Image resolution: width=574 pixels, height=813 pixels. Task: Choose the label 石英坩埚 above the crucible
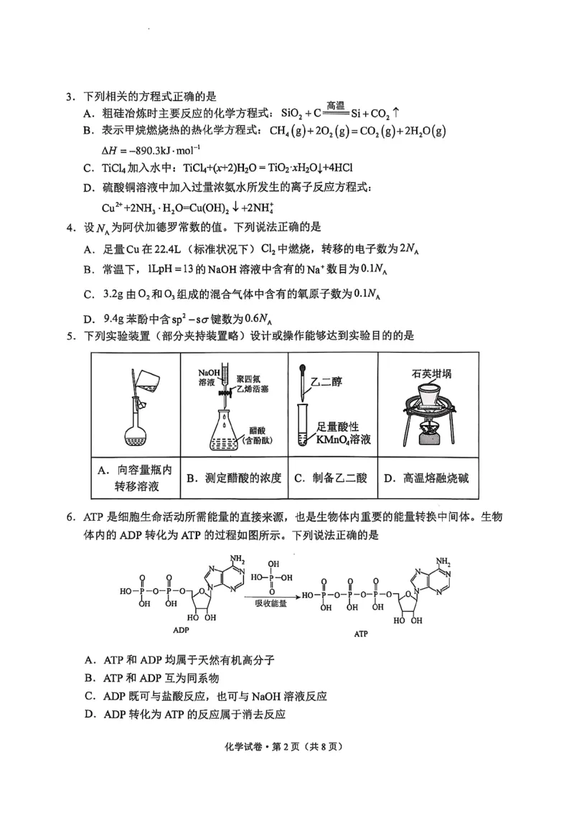coord(427,373)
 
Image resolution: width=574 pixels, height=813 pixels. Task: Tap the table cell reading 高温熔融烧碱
coord(426,478)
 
